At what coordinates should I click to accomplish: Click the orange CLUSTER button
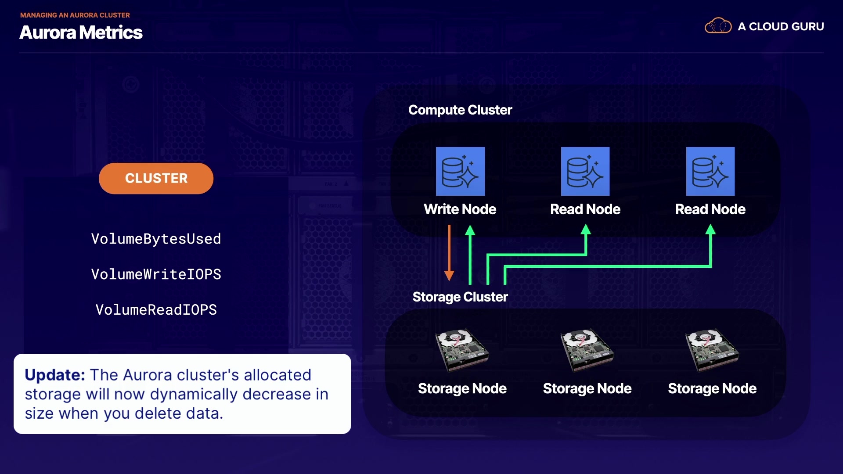pyautogui.click(x=156, y=178)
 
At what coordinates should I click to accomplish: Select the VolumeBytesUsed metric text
pyautogui.click(x=156, y=239)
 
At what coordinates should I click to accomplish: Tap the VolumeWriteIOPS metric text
pyautogui.click(x=156, y=274)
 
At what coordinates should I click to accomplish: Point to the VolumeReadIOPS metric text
pyautogui.click(x=156, y=310)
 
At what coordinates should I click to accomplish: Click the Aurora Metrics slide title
pyautogui.click(x=81, y=32)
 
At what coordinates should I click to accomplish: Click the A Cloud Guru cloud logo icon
pyautogui.click(x=718, y=26)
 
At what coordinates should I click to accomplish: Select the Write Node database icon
pyautogui.click(x=460, y=171)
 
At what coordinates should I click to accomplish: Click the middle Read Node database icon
pyautogui.click(x=585, y=171)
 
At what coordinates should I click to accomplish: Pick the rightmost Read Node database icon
pyautogui.click(x=710, y=171)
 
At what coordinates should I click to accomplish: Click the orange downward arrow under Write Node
pyautogui.click(x=449, y=255)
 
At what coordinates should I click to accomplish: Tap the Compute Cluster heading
pyautogui.click(x=460, y=110)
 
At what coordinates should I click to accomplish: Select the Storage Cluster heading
pyautogui.click(x=460, y=297)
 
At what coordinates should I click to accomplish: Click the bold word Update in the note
pyautogui.click(x=54, y=375)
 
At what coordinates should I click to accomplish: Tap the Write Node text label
pyautogui.click(x=460, y=209)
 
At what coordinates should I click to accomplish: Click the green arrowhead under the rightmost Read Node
pyautogui.click(x=710, y=230)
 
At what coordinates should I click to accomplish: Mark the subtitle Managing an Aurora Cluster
pyautogui.click(x=75, y=15)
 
